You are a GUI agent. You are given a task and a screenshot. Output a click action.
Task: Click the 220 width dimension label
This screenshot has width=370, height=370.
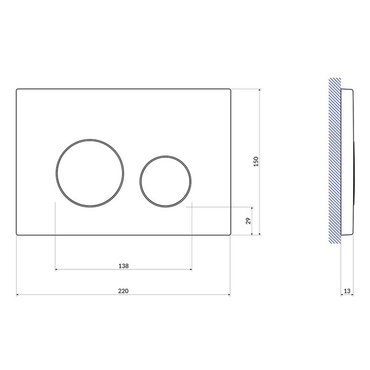pos(123,290)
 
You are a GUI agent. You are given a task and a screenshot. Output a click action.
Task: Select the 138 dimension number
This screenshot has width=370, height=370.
pos(123,266)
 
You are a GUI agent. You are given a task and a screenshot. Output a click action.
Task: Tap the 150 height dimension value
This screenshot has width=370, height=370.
pos(256,162)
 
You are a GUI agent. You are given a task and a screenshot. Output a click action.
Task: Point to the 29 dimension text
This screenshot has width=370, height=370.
pos(249,221)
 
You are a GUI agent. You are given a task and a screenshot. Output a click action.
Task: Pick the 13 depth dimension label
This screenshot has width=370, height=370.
pos(347,291)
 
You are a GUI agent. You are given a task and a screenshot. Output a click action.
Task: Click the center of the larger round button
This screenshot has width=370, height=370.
pos(89,173)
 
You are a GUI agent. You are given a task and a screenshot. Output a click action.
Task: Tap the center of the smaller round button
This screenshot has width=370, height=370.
pos(165,181)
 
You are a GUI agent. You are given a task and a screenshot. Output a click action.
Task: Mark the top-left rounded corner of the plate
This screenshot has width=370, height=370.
pos(17,89)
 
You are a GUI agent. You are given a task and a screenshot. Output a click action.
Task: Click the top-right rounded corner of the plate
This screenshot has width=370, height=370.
pos(230,89)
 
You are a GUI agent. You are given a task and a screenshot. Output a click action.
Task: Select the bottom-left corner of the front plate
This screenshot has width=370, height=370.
pos(17,234)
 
